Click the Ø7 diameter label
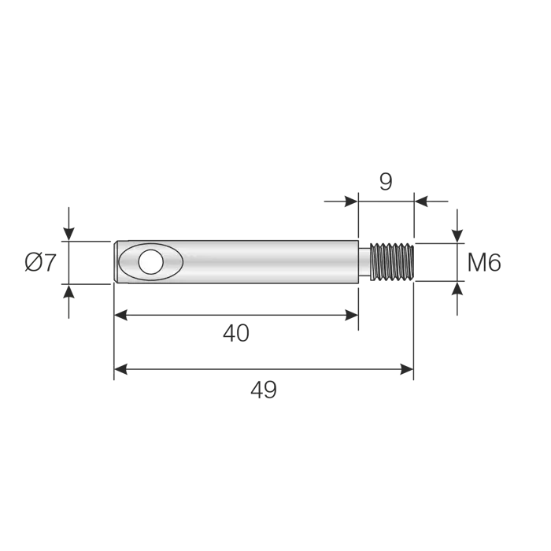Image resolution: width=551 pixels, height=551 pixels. (x=40, y=262)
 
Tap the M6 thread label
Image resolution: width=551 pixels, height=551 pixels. (x=484, y=262)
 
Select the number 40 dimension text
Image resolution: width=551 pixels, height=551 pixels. (x=236, y=334)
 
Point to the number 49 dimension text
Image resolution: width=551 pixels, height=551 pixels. (x=264, y=390)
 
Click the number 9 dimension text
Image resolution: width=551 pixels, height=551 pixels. (x=386, y=182)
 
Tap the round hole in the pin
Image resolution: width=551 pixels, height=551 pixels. (x=151, y=262)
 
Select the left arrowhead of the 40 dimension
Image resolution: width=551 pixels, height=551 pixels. (x=120, y=315)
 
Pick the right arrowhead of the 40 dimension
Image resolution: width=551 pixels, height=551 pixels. (x=351, y=315)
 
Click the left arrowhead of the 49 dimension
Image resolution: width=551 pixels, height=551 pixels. (x=120, y=369)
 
